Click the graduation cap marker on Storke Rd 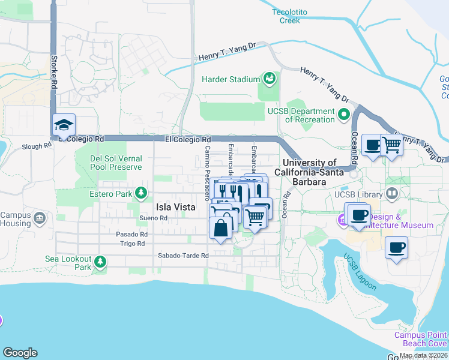point(64,125)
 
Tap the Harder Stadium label point(230,79)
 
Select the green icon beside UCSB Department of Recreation point(344,114)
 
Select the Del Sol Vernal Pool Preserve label point(115,163)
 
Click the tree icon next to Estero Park point(141,193)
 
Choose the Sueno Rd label point(152,218)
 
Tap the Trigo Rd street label point(132,244)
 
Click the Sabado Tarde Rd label point(183,256)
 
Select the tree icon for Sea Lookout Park point(100,262)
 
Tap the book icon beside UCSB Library point(392,194)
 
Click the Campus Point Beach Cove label point(420,339)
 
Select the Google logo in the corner point(20,353)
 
